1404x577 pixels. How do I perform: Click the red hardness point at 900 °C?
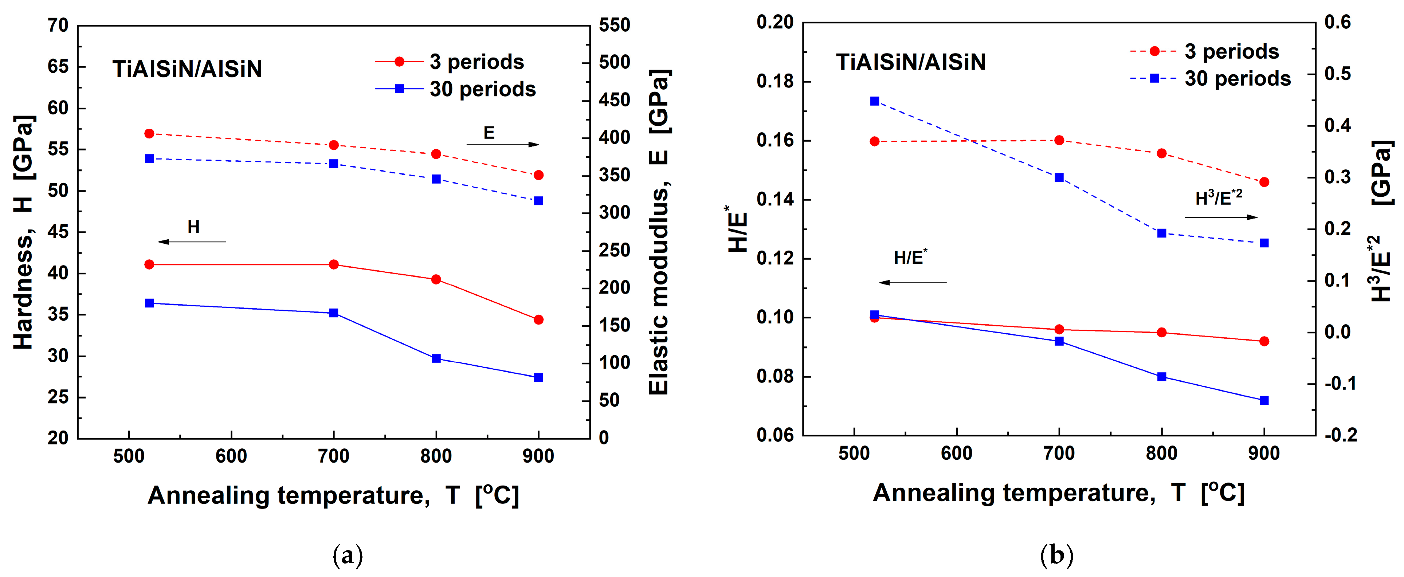(538, 320)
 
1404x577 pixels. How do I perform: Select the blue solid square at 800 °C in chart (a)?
(436, 358)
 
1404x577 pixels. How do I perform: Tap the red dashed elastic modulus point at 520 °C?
(149, 133)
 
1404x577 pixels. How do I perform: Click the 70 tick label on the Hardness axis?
(58, 25)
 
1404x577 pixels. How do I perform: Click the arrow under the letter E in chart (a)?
(502, 144)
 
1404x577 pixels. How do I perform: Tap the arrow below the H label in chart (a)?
(192, 242)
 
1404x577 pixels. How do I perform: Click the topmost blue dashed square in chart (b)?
(875, 101)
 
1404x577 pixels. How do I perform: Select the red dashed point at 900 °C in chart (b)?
(1264, 182)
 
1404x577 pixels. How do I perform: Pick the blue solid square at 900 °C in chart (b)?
(1264, 400)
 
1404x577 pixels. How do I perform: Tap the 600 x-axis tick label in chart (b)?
(957, 453)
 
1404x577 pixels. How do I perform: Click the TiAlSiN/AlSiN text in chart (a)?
(187, 69)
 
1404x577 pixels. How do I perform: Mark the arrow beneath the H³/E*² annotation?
(1221, 217)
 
